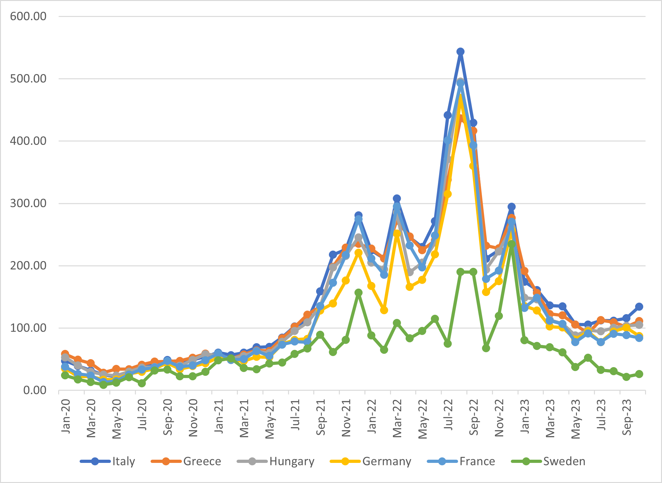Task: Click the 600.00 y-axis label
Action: tap(28, 16)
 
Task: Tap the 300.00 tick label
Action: tap(28, 203)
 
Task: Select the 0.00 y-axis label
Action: tap(35, 390)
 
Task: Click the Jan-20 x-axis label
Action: tap(66, 417)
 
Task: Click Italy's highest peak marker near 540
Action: tap(460, 52)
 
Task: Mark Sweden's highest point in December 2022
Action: tap(511, 244)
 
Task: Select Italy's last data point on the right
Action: tap(639, 306)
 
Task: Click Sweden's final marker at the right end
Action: tap(639, 374)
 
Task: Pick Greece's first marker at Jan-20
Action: tap(65, 354)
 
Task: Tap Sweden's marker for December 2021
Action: tap(358, 292)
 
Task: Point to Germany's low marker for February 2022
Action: tap(384, 310)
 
